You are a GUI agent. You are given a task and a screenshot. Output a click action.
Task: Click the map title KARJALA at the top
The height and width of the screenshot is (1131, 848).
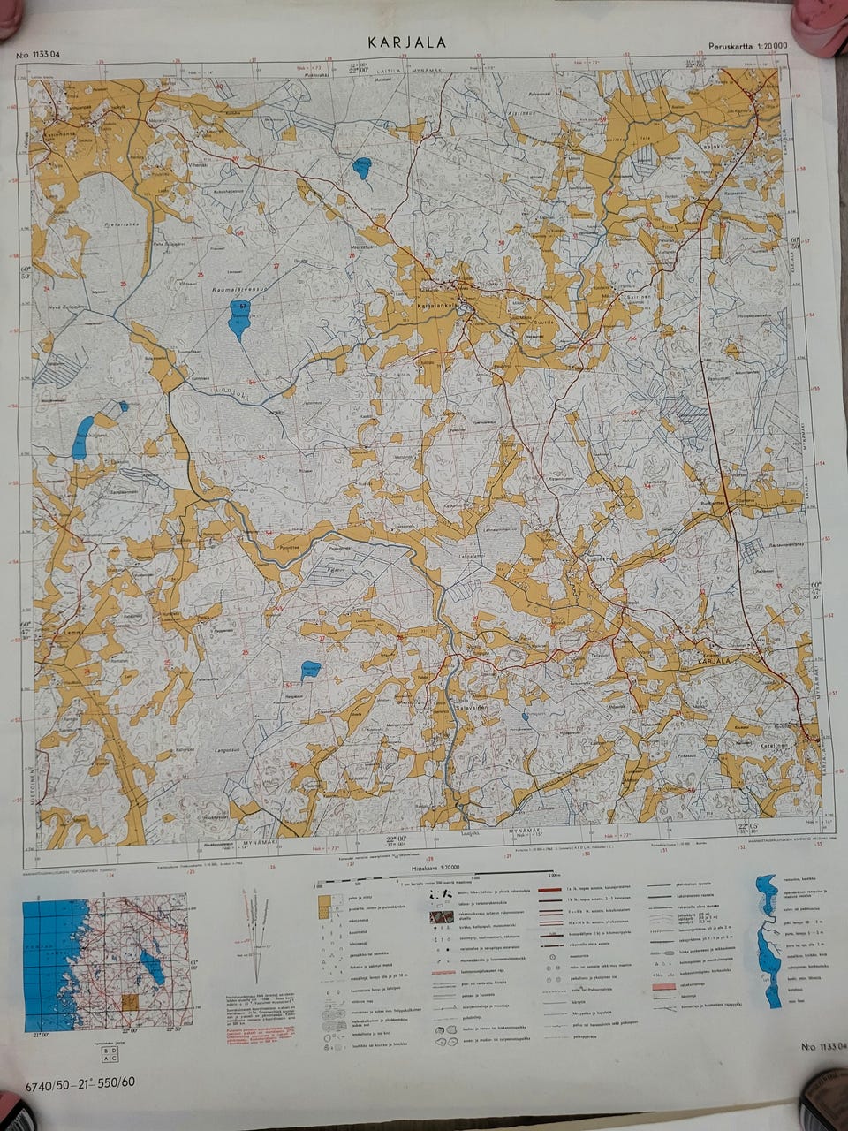click(x=407, y=42)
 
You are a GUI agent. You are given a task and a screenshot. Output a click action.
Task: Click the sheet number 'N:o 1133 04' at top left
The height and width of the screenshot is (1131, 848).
click(x=38, y=55)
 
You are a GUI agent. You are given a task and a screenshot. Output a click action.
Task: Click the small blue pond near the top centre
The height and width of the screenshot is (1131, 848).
click(x=362, y=168)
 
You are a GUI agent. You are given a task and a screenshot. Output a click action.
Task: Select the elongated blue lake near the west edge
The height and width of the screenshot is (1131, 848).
click(x=82, y=436)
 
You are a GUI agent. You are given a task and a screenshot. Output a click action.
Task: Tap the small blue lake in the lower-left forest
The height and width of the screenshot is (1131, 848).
click(x=310, y=671)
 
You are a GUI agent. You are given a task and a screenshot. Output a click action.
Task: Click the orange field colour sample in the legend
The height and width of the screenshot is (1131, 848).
click(x=324, y=902)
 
